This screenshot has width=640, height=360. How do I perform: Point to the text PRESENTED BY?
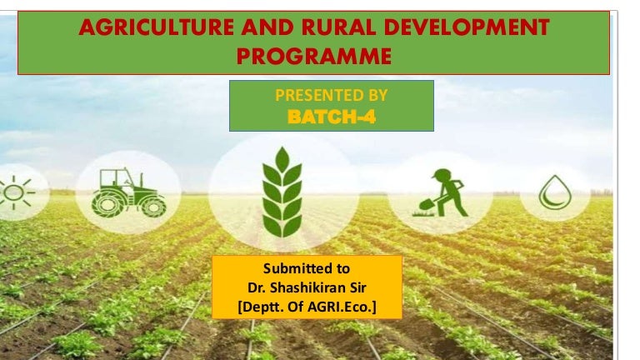[331, 96]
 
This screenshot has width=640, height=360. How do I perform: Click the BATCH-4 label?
[331, 117]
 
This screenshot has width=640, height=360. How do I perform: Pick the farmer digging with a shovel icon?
[441, 192]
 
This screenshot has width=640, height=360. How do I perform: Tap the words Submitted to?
[306, 269]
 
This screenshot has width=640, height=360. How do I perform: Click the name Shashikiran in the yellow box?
[312, 289]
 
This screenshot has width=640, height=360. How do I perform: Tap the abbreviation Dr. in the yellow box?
[257, 289]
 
